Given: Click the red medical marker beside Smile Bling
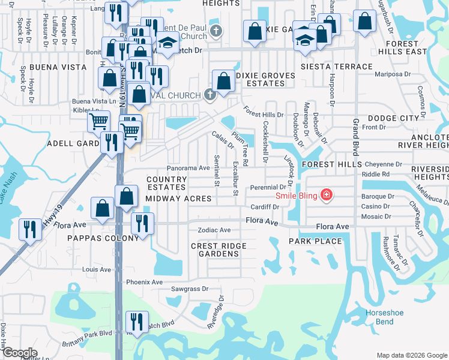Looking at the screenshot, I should tap(326, 194).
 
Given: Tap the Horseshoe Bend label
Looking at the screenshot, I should tap(380, 317).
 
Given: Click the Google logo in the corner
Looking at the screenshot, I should tap(20, 352).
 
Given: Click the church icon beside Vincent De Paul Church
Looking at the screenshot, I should tap(217, 31).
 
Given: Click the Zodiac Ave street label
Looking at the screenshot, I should tap(214, 230).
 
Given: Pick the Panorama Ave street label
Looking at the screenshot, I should tap(188, 169).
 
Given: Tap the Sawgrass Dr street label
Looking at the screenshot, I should tap(188, 289).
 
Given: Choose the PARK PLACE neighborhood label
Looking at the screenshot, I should tap(315, 241).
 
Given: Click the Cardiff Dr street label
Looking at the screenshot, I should tap(265, 207).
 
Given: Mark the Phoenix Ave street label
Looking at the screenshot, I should tap(144, 282).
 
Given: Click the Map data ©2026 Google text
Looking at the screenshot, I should tap(411, 355).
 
